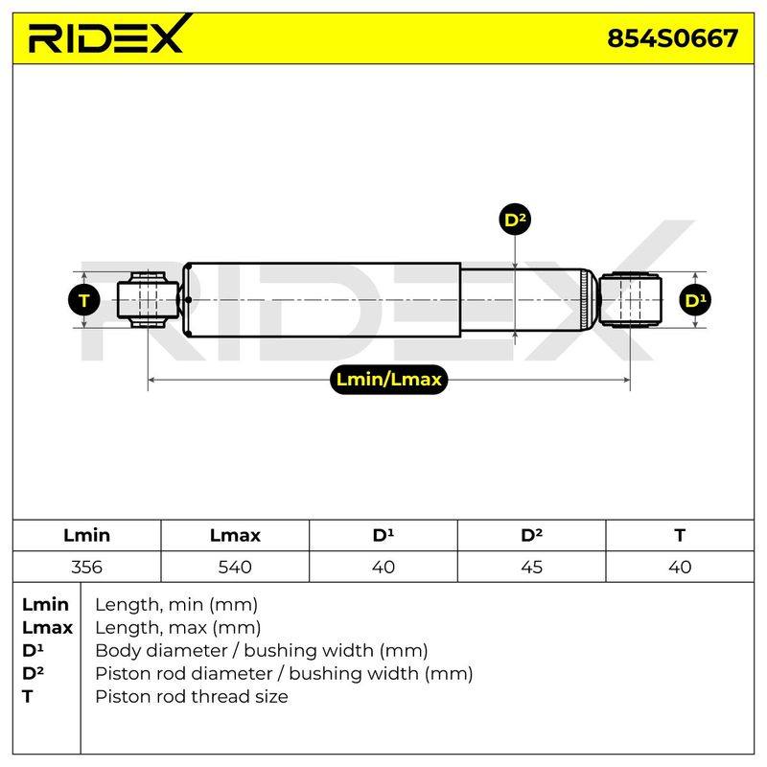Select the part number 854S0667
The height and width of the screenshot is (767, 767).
(673, 38)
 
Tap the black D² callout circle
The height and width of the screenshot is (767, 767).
(515, 220)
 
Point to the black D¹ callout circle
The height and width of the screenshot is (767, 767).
(695, 300)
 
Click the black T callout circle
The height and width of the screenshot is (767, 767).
(84, 300)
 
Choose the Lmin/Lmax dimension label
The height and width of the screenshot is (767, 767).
(389, 379)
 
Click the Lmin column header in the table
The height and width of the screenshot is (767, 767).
(86, 535)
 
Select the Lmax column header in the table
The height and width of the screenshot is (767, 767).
(235, 535)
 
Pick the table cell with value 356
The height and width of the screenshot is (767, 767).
(86, 567)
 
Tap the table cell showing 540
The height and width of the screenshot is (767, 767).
(235, 567)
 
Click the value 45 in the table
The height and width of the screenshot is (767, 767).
(532, 567)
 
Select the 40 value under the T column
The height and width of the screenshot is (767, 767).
(680, 567)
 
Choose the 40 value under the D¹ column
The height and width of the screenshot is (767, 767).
(383, 567)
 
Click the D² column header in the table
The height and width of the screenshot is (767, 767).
(532, 535)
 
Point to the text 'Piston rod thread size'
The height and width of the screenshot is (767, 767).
(191, 697)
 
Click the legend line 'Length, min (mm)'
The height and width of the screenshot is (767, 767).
(176, 605)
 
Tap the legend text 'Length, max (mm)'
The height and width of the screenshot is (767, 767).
(178, 628)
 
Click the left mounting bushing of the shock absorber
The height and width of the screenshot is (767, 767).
(148, 300)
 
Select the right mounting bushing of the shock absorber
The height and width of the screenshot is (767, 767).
(631, 300)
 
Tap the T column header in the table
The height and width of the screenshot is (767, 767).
(680, 535)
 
